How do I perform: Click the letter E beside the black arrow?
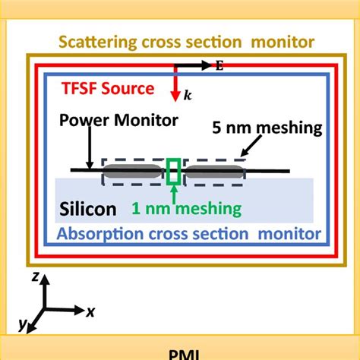pyautogui.click(x=220, y=65)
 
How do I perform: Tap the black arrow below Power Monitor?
pyautogui.click(x=90, y=148)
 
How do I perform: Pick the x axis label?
pyautogui.click(x=90, y=311)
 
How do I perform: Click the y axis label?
pyautogui.click(x=23, y=326)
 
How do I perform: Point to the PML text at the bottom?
pyautogui.click(x=179, y=353)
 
